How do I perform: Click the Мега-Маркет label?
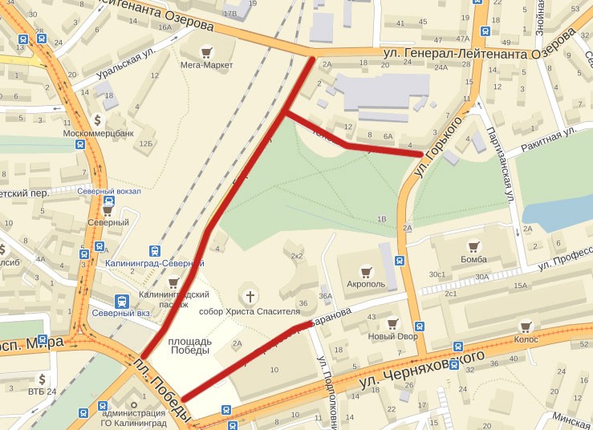click(x=206, y=65)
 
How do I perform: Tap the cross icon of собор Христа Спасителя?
click(x=250, y=297)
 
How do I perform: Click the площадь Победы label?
click(x=191, y=346)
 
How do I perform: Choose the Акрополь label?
click(x=365, y=283)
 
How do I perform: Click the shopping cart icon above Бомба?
click(x=473, y=247)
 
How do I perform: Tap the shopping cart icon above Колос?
click(x=526, y=327)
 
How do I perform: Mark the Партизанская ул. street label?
click(x=498, y=165)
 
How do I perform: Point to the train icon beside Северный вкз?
click(x=120, y=302)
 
